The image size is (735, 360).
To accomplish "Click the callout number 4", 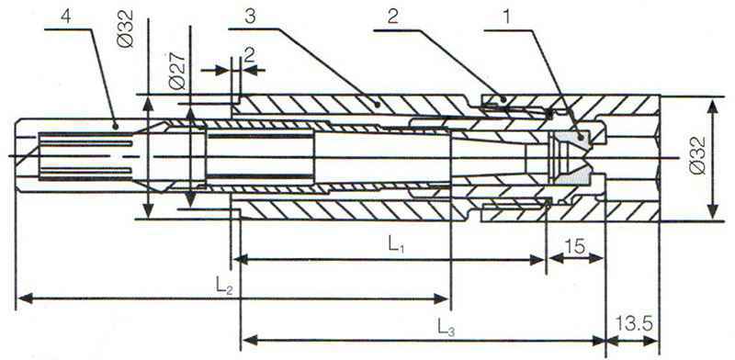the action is coord(66,17).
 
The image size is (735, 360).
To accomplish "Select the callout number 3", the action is coord(250,17).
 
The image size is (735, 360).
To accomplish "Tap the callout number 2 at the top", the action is coord(392,17).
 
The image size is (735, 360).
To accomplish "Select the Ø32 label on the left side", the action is coord(127,29).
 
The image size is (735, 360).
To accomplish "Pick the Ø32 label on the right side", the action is coord(697,155).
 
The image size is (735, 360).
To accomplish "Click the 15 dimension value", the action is coord(575,246).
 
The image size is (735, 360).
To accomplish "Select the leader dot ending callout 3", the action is coord(377,103).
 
